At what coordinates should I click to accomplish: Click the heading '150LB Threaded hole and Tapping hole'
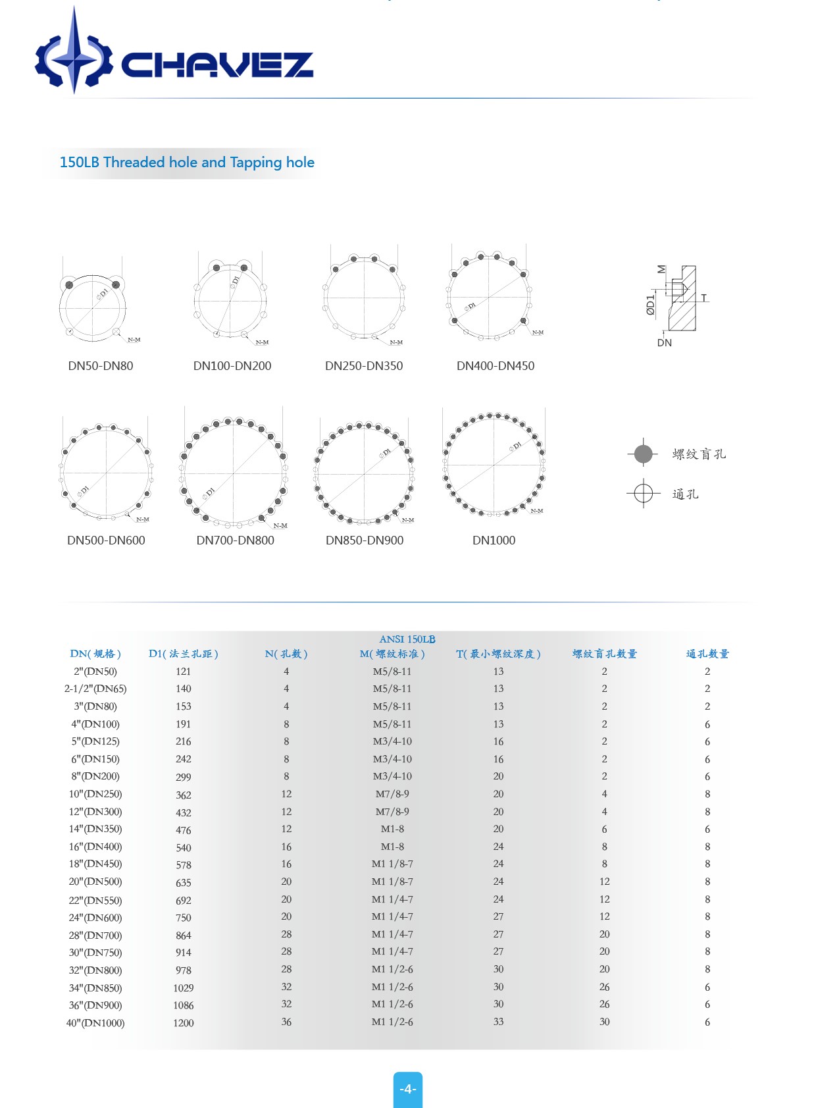click(187, 163)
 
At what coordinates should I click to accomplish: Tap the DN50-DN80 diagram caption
click(101, 366)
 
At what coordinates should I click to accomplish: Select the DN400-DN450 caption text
click(496, 366)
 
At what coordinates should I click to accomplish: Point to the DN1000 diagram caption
click(494, 541)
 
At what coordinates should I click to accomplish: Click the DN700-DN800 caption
click(235, 541)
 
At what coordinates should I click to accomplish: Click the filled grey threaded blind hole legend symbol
click(643, 454)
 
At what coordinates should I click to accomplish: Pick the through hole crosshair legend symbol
click(643, 493)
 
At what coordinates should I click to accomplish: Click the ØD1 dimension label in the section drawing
click(650, 305)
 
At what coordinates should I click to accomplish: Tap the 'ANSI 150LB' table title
click(407, 639)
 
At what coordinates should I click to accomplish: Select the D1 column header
click(183, 654)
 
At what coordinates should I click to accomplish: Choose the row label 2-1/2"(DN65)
click(95, 689)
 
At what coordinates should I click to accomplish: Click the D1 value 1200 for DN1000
click(184, 1023)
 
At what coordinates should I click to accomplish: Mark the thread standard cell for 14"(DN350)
click(392, 829)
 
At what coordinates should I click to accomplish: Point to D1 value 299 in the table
click(184, 777)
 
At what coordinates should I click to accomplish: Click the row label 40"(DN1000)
click(95, 1023)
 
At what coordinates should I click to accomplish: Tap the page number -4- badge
click(408, 1089)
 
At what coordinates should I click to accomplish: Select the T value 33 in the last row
click(498, 1022)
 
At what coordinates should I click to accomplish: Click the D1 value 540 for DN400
click(184, 848)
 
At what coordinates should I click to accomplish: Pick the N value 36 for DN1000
click(286, 1022)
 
